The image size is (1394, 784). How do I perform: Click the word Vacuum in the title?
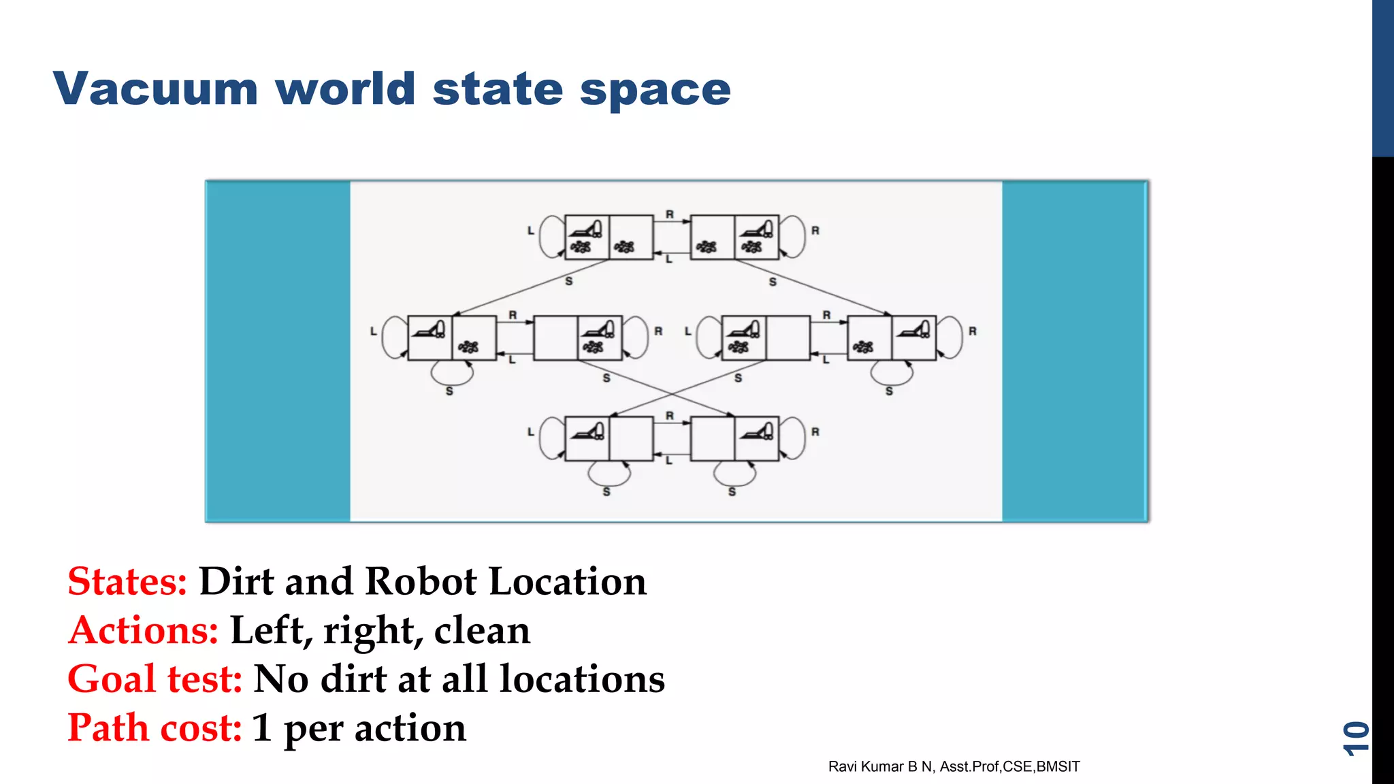click(x=155, y=89)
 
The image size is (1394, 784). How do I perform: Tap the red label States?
click(x=127, y=582)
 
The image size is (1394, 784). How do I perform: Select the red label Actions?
click(x=143, y=630)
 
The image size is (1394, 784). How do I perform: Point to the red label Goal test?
click(x=155, y=679)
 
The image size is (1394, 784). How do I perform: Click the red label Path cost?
click(x=155, y=728)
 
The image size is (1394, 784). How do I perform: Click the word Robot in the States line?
click(x=421, y=582)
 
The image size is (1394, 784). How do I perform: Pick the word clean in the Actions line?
click(x=482, y=630)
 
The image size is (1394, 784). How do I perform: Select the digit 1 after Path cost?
click(x=262, y=728)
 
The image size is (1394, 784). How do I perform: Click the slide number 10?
click(x=1355, y=738)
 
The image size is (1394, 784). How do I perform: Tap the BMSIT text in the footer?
click(x=1058, y=767)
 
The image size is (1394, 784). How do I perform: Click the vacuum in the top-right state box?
click(x=757, y=228)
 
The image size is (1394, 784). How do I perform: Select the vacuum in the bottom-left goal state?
click(x=587, y=431)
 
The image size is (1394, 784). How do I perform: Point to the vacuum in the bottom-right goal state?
click(x=757, y=431)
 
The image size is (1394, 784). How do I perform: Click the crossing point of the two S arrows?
click(x=672, y=394)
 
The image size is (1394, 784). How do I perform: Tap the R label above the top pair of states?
click(x=670, y=214)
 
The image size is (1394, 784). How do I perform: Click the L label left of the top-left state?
click(x=531, y=231)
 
